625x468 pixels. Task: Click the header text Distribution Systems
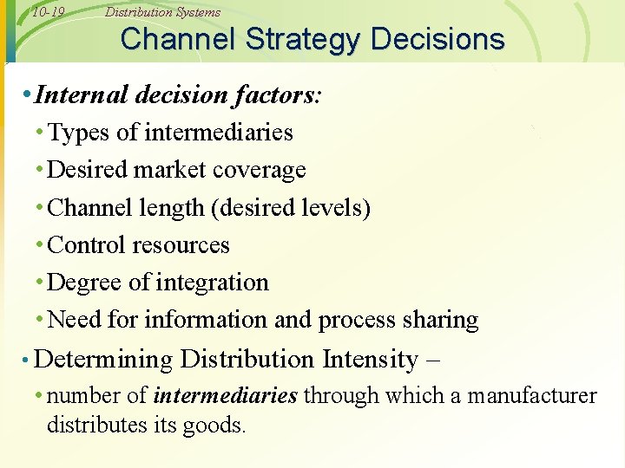point(162,12)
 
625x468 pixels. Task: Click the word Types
point(80,133)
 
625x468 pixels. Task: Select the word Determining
point(104,359)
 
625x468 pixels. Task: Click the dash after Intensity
point(433,359)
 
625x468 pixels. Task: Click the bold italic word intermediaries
point(226,397)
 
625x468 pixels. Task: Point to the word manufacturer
point(532,397)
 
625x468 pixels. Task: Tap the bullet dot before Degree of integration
point(40,283)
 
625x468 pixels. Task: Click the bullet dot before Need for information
point(40,320)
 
